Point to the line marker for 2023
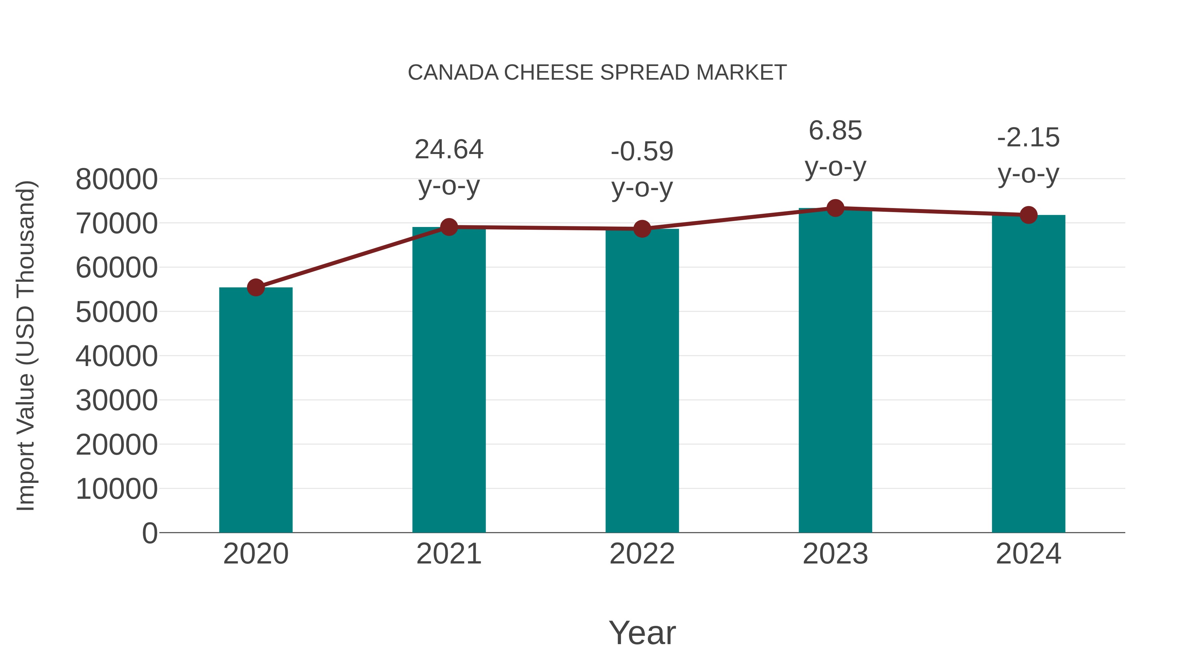coord(836,208)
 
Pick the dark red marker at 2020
coord(256,287)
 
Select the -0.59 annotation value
coord(642,152)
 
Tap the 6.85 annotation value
coord(836,131)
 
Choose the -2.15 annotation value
coord(1028,138)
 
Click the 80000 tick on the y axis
coord(117,180)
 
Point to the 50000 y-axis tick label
coord(117,312)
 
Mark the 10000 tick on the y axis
coord(117,489)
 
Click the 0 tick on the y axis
coord(150,533)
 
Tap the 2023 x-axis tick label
coord(836,554)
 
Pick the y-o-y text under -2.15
coord(1028,174)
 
